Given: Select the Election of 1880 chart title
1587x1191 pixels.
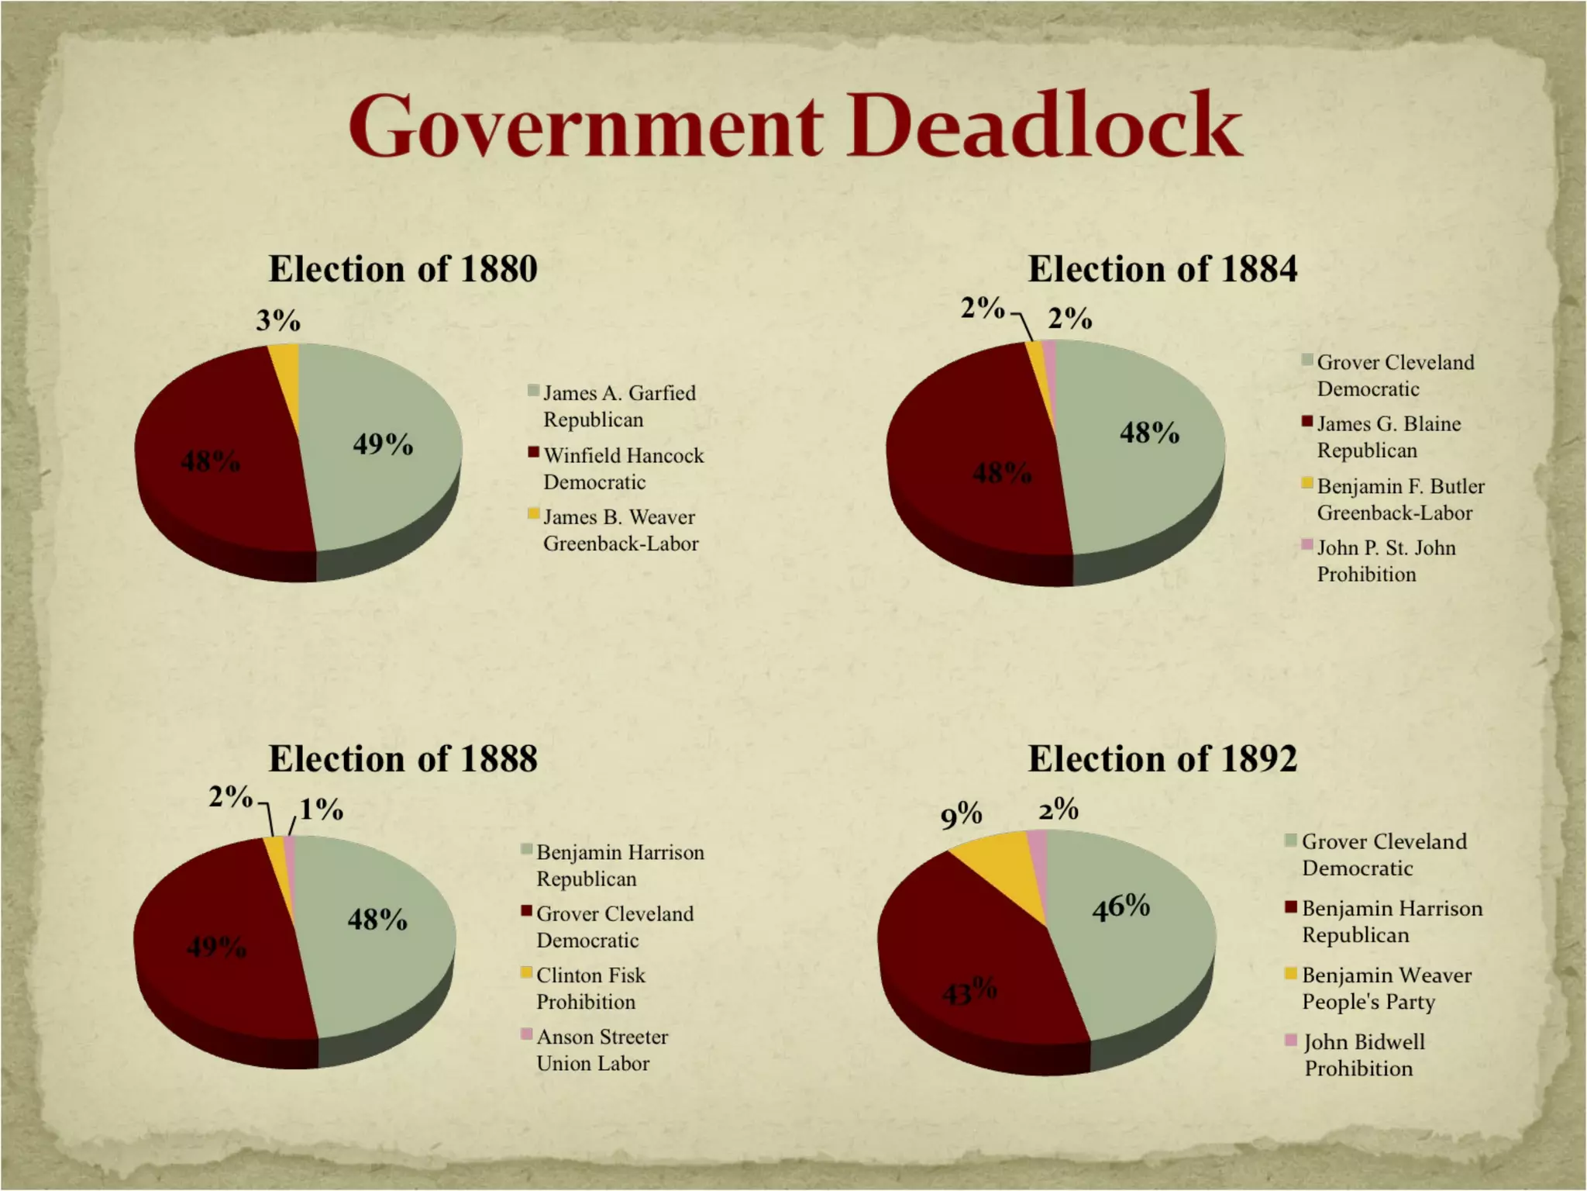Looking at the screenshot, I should point(403,269).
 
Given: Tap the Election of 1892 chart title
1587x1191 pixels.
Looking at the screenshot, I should point(1162,758).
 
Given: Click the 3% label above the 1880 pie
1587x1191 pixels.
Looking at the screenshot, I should point(278,320).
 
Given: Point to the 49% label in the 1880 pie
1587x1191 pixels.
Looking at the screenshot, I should point(383,444).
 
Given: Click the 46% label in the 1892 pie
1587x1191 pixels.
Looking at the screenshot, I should point(1121,906).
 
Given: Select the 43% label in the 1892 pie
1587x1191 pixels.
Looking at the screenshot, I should point(969,991).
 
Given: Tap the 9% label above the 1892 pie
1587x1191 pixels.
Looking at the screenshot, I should point(961,815).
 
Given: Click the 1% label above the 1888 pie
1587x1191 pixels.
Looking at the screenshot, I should point(322,810).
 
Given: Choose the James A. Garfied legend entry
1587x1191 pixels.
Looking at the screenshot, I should point(619,406).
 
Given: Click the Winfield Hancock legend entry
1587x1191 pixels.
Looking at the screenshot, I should point(623,468).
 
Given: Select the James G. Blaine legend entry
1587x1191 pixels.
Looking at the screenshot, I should point(1389,437).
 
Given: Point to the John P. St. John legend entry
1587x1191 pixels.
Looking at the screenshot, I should point(1386,561).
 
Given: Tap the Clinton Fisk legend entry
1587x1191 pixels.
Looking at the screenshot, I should point(590,989).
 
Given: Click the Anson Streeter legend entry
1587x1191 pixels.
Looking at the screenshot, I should point(601,1050).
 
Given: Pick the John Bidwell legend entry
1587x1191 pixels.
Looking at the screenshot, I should point(1363,1055).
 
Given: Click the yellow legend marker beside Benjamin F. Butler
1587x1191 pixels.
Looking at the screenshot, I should point(1306,484).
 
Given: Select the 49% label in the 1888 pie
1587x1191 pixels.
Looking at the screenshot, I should point(217,947).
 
